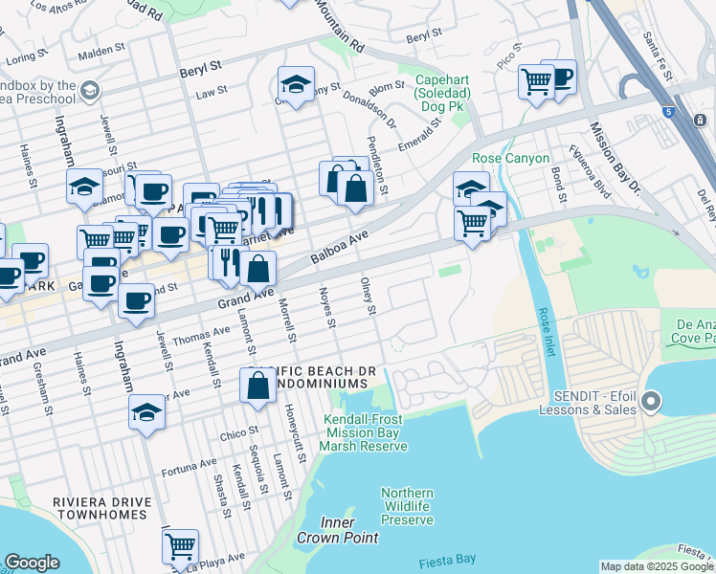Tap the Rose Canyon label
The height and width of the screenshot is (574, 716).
511,158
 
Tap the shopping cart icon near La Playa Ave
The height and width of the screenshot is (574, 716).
180,546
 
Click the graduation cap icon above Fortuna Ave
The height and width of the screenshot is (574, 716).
146,412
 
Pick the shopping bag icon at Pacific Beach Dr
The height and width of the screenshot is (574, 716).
257,386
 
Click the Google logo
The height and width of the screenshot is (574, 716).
32,563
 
